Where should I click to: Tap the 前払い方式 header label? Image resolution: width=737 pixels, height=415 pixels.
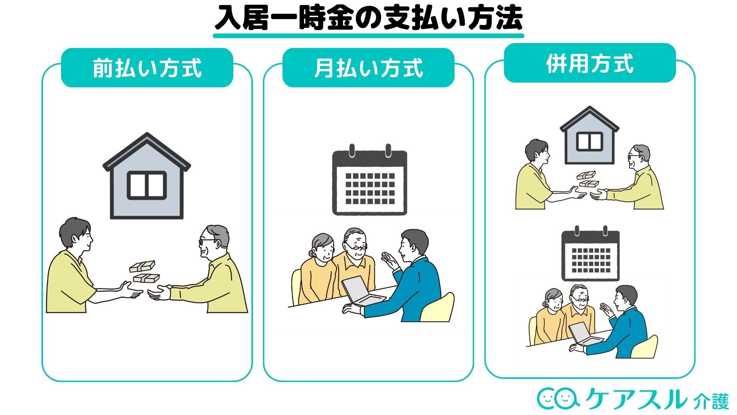[147, 68]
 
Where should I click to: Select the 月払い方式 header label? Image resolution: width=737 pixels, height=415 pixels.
[368, 68]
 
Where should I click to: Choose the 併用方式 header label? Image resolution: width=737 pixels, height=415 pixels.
[590, 63]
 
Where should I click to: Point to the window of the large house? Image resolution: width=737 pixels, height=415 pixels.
[147, 185]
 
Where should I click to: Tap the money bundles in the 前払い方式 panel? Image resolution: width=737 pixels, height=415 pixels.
[144, 272]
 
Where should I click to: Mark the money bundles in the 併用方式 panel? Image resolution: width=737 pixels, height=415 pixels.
[588, 179]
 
